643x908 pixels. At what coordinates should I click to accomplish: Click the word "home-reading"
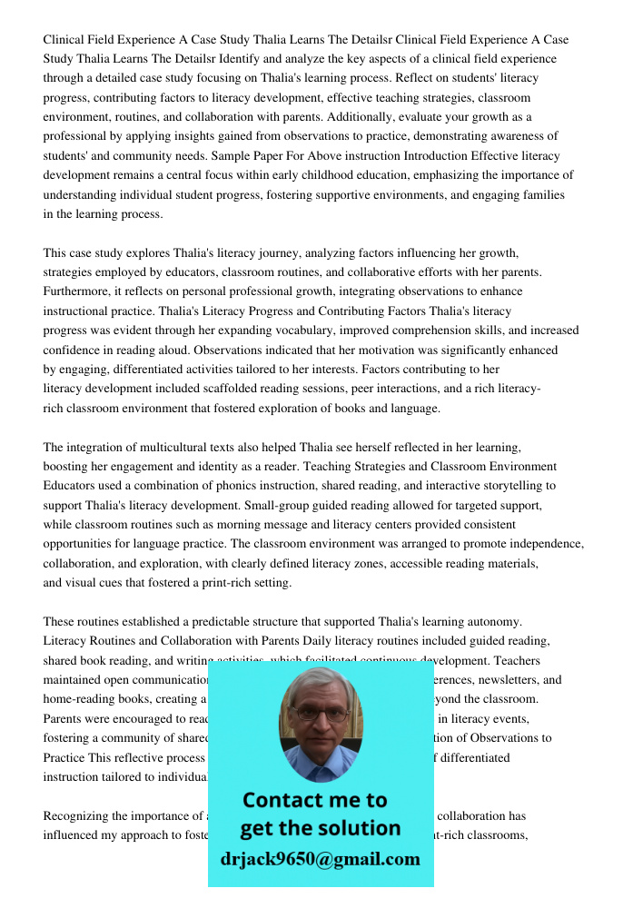(77, 699)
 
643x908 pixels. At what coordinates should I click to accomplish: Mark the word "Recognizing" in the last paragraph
(77, 815)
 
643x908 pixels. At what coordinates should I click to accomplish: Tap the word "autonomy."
(495, 621)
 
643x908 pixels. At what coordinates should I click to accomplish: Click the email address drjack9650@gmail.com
(321, 859)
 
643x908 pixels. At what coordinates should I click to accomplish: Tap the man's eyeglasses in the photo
(320, 714)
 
